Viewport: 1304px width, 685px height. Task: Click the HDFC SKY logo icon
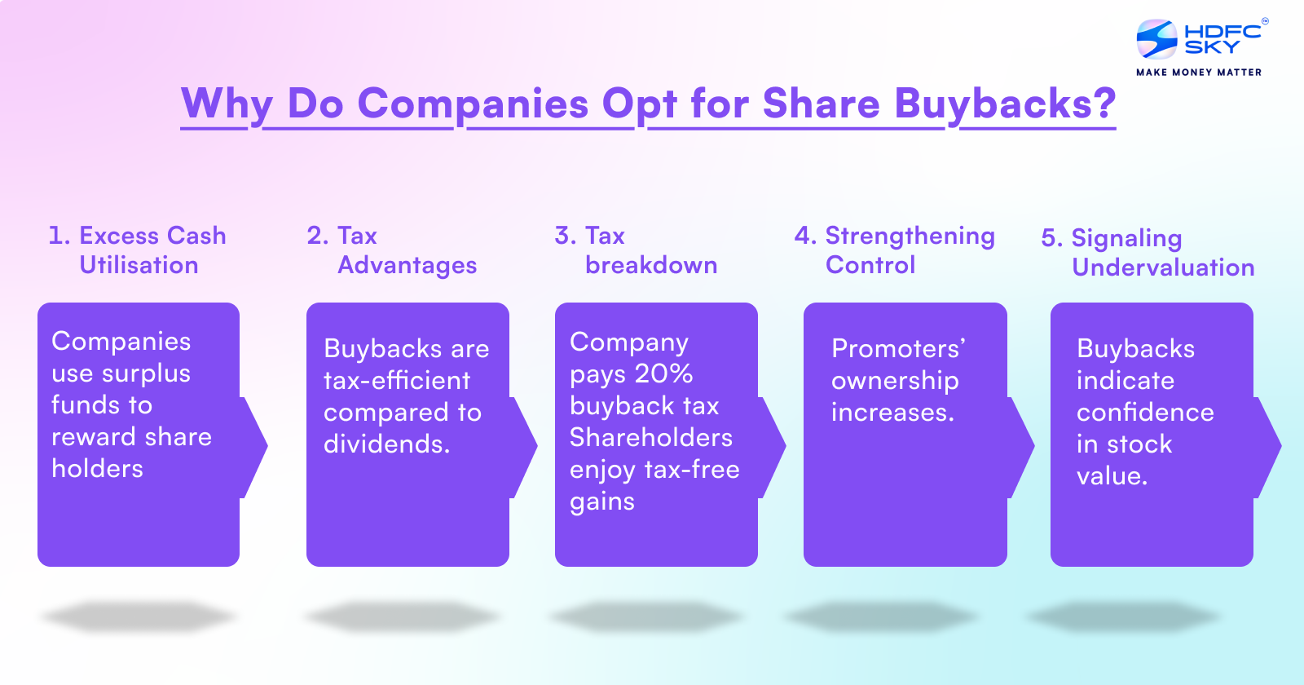[1156, 39]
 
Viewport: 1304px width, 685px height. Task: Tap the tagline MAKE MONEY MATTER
[1199, 73]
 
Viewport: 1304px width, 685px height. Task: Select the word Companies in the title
[473, 104]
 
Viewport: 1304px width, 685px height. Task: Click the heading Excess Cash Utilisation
[137, 250]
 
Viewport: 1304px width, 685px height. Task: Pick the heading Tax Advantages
[392, 250]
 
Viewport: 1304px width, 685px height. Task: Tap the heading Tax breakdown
[636, 250]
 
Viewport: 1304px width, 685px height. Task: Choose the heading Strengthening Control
[895, 250]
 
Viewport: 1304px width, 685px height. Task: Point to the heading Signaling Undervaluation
[1148, 253]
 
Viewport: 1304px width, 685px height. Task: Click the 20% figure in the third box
[663, 373]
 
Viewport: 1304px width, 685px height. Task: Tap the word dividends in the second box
[385, 444]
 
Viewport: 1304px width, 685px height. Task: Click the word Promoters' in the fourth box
[898, 349]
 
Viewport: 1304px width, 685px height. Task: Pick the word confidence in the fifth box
[1145, 413]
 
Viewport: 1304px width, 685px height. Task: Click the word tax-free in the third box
[692, 470]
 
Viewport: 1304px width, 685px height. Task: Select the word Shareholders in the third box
[651, 438]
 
